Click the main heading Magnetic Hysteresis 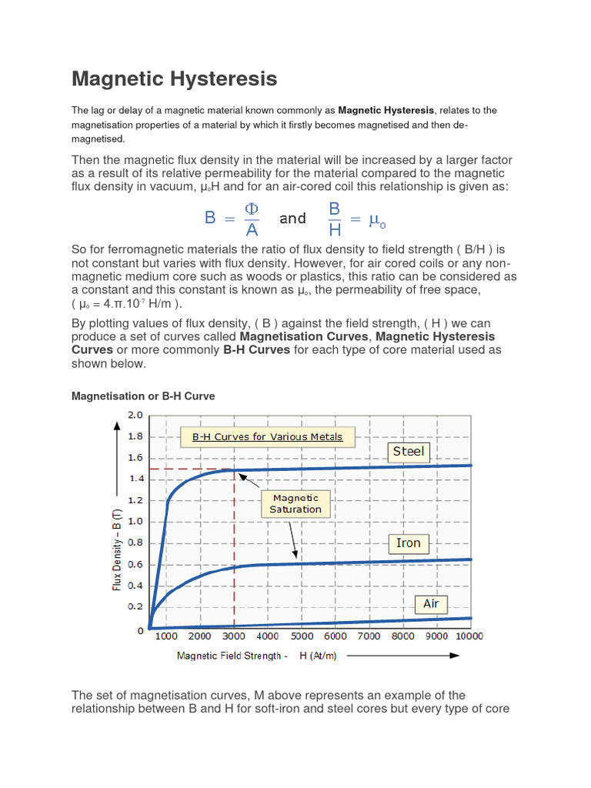(174, 78)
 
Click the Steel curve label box (408, 452)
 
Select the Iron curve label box (408, 543)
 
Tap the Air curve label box (430, 603)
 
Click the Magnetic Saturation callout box (295, 504)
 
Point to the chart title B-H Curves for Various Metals (267, 437)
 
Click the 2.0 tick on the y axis (135, 416)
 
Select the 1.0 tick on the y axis (135, 521)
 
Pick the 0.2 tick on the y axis (135, 606)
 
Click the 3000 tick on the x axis (233, 636)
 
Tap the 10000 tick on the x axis (469, 636)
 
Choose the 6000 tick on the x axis (335, 636)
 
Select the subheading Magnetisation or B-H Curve (143, 396)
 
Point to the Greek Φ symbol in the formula (252, 209)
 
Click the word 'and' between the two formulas (292, 219)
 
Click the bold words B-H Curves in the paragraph (256, 349)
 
